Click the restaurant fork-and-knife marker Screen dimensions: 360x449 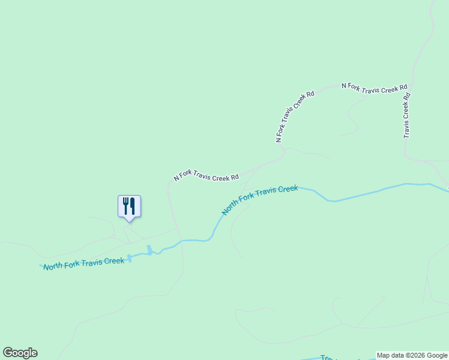click(x=129, y=206)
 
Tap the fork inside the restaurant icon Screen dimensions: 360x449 click(x=125, y=206)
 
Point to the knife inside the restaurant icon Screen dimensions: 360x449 click(x=133, y=206)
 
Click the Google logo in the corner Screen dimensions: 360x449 click(x=20, y=353)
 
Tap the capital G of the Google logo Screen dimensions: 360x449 click(x=8, y=353)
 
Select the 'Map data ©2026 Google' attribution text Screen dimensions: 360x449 click(x=412, y=355)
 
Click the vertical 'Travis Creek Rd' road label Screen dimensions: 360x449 click(x=406, y=115)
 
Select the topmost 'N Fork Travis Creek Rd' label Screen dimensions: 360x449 click(x=375, y=88)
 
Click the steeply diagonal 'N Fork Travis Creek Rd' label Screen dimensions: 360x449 click(x=295, y=116)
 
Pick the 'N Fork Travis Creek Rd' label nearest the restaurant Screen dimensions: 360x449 click(x=206, y=175)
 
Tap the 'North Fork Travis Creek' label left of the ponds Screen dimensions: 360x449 click(x=83, y=263)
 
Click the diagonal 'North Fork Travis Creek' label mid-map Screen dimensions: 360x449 click(x=259, y=200)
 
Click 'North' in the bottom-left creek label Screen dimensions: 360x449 click(x=54, y=265)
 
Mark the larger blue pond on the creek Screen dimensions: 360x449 click(x=149, y=250)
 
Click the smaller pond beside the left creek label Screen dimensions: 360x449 click(x=128, y=258)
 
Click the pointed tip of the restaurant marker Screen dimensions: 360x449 click(x=129, y=221)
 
